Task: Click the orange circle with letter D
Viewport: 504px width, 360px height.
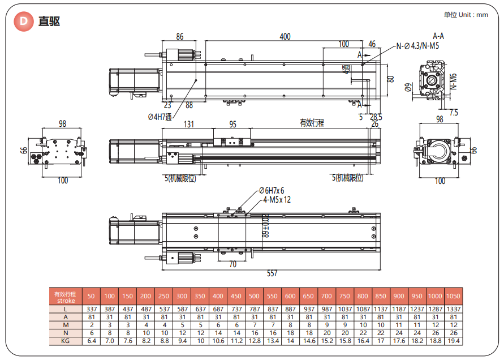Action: pyautogui.click(x=23, y=22)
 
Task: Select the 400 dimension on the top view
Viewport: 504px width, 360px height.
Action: pyautogui.click(x=285, y=37)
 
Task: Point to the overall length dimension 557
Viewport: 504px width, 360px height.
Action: pyautogui.click(x=272, y=273)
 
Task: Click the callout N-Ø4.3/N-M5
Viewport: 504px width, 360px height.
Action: pyautogui.click(x=417, y=46)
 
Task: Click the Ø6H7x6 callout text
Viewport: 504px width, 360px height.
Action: pyautogui.click(x=272, y=191)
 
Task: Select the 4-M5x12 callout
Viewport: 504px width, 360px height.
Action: pyautogui.click(x=277, y=199)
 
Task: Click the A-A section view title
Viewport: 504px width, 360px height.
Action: pyautogui.click(x=438, y=36)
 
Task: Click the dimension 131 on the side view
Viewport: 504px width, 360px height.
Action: pyautogui.click(x=189, y=124)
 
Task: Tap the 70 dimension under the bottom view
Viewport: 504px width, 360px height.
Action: pyautogui.click(x=232, y=263)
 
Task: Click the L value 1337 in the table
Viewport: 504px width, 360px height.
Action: pyautogui.click(x=453, y=309)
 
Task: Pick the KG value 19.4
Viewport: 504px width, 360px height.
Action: pyautogui.click(x=453, y=341)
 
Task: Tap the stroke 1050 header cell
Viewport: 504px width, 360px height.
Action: pyautogui.click(x=453, y=295)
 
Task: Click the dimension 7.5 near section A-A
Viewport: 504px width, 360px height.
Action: pyautogui.click(x=454, y=112)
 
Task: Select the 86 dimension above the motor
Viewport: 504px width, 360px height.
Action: pyautogui.click(x=180, y=37)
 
